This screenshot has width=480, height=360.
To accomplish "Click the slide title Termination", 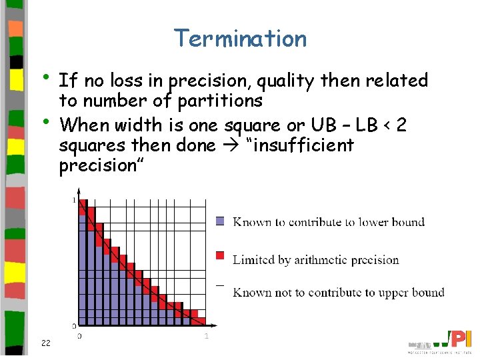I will [240, 39].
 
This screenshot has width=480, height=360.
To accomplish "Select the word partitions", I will [221, 101].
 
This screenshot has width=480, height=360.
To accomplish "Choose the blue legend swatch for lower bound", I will [221, 222].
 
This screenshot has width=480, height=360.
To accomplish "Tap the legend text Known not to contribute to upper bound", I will [338, 292].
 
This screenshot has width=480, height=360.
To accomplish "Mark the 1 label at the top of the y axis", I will [73, 200].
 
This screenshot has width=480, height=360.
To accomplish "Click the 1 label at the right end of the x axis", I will [207, 336].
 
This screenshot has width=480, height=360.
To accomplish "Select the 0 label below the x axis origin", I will [79, 336].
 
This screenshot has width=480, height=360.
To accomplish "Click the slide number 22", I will [45, 343].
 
